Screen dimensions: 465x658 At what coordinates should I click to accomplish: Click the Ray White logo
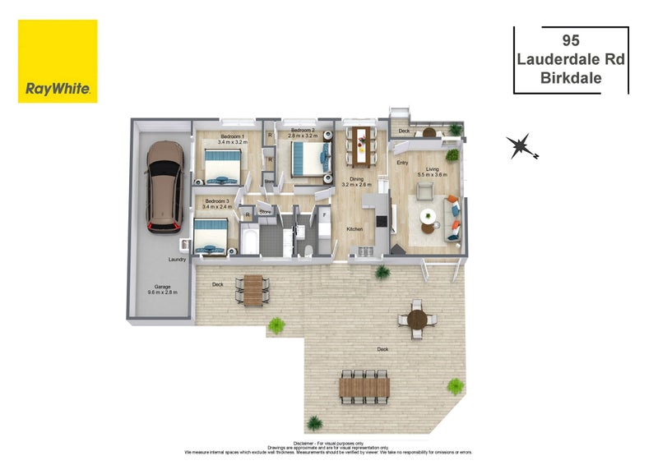58,62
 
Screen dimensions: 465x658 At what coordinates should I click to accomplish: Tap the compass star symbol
520,147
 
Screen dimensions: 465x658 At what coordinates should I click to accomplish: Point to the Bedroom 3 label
216,201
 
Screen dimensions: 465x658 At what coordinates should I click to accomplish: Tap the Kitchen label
354,229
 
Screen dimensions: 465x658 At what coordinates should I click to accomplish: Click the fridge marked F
324,216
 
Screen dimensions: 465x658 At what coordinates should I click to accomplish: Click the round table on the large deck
417,319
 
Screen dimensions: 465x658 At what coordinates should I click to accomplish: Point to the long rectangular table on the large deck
363,384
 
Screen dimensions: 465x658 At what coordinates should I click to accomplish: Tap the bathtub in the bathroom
251,240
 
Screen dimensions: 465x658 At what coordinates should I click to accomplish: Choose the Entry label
402,163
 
